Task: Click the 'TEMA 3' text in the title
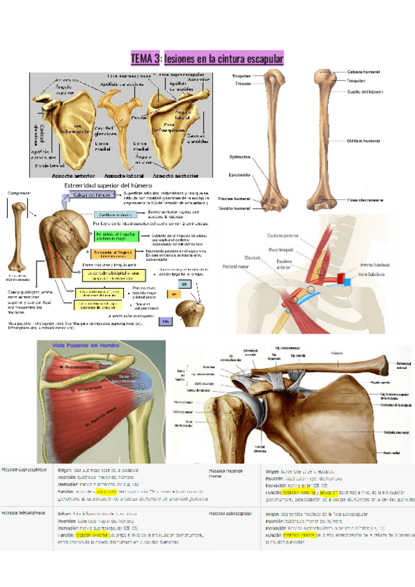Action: pyautogui.click(x=146, y=60)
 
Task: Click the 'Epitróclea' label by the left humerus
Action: pyautogui.click(x=239, y=156)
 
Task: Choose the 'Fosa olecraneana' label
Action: pyautogui.click(x=365, y=200)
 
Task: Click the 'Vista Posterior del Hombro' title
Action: pyautogui.click(x=77, y=345)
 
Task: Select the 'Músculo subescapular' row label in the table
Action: pyautogui.click(x=230, y=514)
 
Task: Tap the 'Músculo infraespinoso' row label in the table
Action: pyautogui.click(x=21, y=513)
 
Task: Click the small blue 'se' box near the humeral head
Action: pyautogui.click(x=184, y=284)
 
